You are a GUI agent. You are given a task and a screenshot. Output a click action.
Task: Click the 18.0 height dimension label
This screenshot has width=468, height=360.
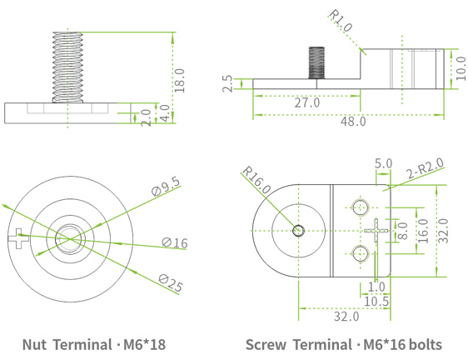coord(180,79)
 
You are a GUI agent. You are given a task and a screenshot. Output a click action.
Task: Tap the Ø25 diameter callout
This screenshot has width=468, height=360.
coord(170,282)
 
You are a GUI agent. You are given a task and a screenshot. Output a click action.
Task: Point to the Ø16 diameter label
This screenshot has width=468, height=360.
coord(175,242)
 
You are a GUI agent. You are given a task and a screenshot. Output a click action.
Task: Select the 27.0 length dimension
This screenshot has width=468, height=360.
coord(306,102)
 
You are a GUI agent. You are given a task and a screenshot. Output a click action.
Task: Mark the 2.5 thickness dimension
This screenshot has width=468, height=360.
coord(227,83)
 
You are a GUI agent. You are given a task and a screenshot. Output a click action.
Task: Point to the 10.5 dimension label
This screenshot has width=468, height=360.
coord(376,301)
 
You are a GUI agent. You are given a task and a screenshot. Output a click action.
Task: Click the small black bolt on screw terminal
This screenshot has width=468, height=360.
coord(316,62)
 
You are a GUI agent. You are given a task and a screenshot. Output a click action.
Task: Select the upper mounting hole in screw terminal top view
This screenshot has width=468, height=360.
coord(359,206)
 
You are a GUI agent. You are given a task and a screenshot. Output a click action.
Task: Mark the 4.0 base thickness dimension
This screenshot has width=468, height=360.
coord(164,112)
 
